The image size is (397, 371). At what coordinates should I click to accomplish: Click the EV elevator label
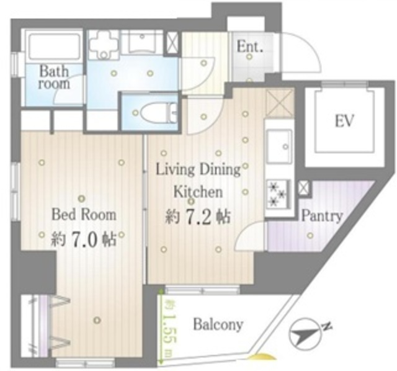pos(344,121)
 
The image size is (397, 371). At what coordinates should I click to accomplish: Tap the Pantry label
pos(322,216)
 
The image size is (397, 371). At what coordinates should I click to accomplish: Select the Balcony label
pos(218,324)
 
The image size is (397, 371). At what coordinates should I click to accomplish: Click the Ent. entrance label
pos(249,47)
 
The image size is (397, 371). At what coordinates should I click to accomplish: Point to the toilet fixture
pos(159,113)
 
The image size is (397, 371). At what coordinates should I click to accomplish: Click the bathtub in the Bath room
pos(54,47)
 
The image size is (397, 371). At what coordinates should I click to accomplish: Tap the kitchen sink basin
pos(279,146)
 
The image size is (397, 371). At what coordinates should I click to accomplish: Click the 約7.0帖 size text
pos(84,239)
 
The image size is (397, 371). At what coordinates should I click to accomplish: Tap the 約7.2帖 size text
pos(198,217)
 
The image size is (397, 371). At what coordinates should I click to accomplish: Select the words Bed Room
pos(84,215)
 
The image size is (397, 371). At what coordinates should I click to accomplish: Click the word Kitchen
pos(198,192)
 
